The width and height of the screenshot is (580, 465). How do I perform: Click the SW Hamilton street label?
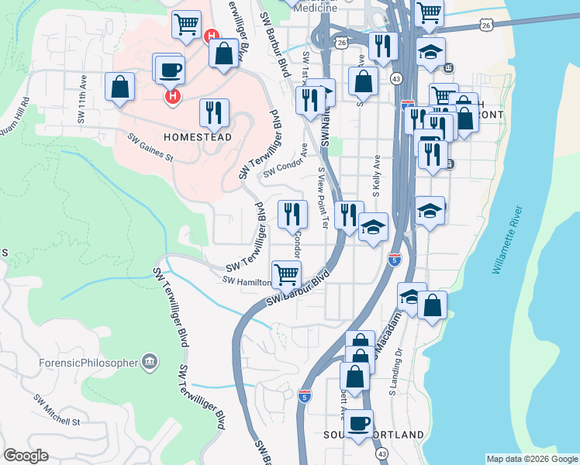[x=245, y=281]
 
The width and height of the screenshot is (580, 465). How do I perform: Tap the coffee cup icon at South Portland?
[x=358, y=423]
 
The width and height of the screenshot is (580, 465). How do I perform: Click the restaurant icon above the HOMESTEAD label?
[x=214, y=112]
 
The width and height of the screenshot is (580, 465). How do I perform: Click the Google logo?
[x=26, y=455]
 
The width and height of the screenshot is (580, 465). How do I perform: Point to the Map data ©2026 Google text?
[x=532, y=459]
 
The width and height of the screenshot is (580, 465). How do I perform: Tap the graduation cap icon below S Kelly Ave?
[x=373, y=227]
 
